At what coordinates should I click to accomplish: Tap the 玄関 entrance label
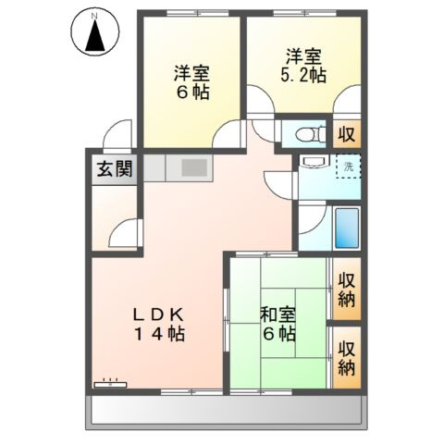tap(112, 170)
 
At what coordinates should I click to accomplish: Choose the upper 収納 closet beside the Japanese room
tap(347, 290)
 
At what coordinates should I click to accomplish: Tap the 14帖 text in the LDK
tap(164, 334)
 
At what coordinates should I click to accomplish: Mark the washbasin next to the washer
tap(312, 166)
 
